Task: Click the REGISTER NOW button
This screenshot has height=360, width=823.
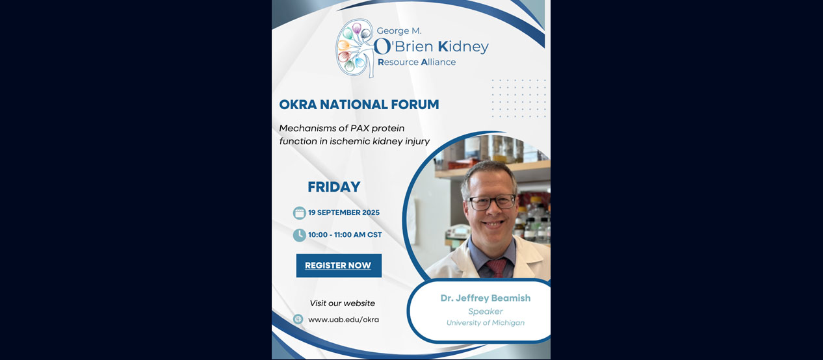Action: click(339, 266)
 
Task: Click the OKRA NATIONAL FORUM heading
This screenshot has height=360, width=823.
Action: click(359, 105)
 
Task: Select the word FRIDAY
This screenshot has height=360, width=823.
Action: click(334, 187)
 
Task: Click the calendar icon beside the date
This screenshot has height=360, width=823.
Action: click(299, 212)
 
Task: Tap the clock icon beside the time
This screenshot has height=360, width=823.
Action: click(299, 235)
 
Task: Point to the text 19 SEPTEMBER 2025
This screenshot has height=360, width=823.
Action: click(344, 213)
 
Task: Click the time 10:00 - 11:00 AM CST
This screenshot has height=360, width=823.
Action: click(345, 235)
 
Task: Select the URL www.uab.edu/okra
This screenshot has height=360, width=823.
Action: click(343, 319)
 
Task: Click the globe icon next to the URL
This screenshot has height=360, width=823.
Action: click(298, 319)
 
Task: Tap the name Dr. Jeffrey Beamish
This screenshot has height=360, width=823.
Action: click(485, 298)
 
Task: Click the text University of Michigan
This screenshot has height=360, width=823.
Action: click(485, 323)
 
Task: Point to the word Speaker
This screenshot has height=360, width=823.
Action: click(485, 311)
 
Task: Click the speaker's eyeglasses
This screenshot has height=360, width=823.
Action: click(491, 202)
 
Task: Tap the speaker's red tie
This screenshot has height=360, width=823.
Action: click(495, 267)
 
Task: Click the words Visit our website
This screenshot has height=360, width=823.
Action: click(342, 303)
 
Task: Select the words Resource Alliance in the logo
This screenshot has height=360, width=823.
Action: click(417, 62)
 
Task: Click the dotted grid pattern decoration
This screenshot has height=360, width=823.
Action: click(518, 98)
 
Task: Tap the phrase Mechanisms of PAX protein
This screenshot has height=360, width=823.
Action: click(341, 128)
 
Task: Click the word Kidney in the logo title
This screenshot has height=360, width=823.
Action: click(462, 47)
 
